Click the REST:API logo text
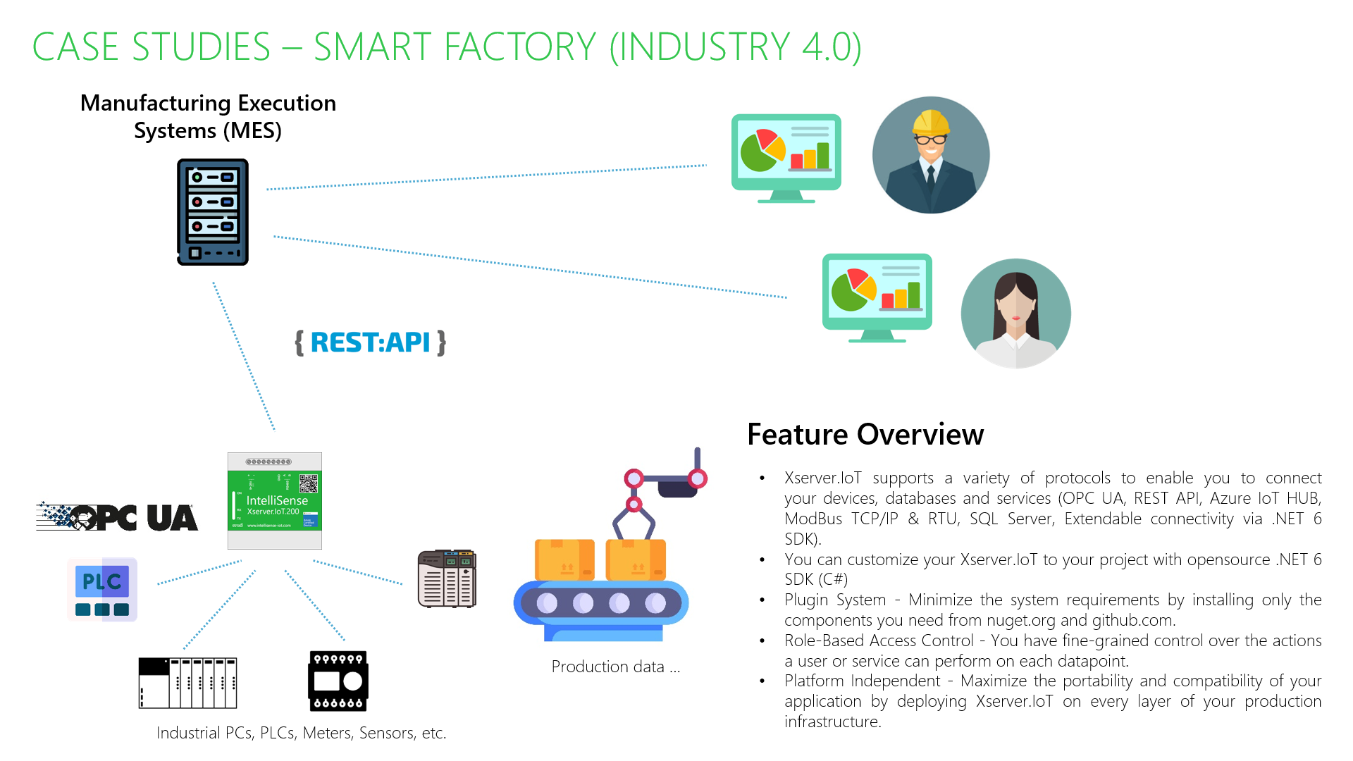pos(370,342)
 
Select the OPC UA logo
pos(117,518)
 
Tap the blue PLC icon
pos(102,590)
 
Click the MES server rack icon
pos(212,212)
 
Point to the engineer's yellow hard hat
pos(930,122)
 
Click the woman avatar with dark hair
pos(1015,314)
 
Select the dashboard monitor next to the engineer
pos(786,156)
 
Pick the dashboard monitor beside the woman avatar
pos(877,296)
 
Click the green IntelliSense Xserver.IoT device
pos(275,501)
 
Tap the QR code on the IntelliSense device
pos(309,483)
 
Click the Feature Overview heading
pos(865,434)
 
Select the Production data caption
pos(615,667)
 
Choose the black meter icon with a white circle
pos(338,681)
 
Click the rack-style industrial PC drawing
pos(187,682)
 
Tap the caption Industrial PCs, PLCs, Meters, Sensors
pos(301,733)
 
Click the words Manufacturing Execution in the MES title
pos(208,103)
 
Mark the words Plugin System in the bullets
pos(834,600)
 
